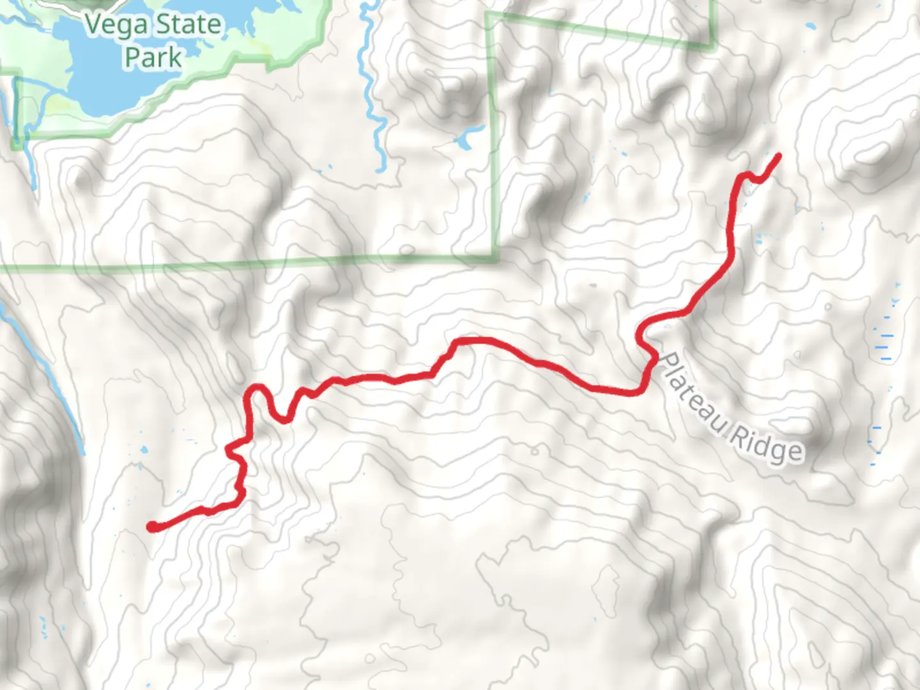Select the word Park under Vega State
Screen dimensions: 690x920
(153, 57)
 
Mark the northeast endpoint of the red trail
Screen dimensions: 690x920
(778, 155)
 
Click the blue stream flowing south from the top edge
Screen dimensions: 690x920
(371, 77)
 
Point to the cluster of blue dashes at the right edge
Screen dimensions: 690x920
(885, 339)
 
